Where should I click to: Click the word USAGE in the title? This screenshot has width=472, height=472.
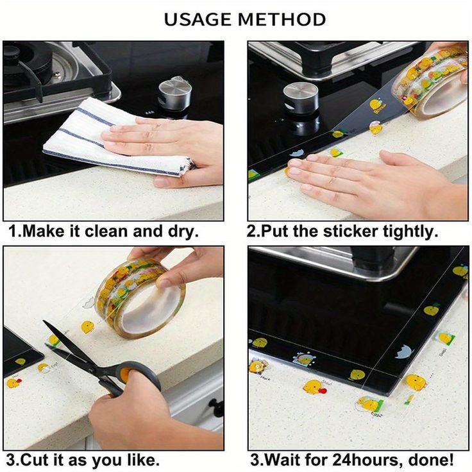click(x=199, y=20)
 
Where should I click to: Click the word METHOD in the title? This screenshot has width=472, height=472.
click(x=282, y=20)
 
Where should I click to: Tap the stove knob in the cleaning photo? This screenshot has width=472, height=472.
click(x=175, y=94)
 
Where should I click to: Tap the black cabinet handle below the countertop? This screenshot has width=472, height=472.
click(x=216, y=407)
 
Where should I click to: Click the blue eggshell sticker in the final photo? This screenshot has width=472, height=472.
click(x=403, y=352)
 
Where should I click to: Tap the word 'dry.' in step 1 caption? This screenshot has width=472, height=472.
click(x=183, y=232)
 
